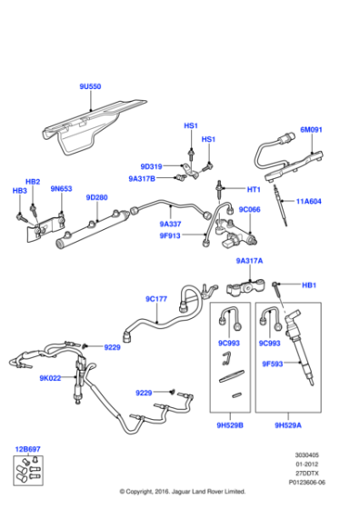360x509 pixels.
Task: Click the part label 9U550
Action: coord(90,86)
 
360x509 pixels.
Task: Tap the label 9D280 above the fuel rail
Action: coord(96,197)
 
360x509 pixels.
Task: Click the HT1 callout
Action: coord(254,189)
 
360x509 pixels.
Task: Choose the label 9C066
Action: coord(250,209)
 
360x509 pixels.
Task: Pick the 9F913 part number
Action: coord(171,236)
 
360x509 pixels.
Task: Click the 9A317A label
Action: coord(250,261)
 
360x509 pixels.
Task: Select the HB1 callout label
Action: coord(308,284)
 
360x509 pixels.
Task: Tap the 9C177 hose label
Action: coord(156,298)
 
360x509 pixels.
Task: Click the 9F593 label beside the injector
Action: coord(274,364)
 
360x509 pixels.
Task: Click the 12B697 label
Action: coord(27,448)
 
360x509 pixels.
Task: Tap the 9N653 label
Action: coord(61,189)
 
